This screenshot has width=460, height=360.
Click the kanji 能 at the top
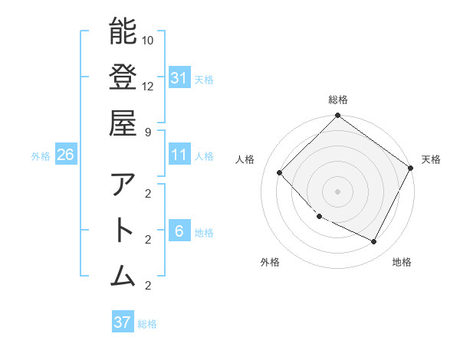click(x=123, y=31)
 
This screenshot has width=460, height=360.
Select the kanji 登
click(x=123, y=77)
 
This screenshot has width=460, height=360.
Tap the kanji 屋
click(x=123, y=123)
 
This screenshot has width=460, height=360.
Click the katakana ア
click(x=123, y=185)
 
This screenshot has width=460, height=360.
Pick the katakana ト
click(x=123, y=231)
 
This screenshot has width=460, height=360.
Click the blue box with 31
click(x=179, y=77)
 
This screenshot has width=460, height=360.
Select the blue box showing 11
click(x=179, y=155)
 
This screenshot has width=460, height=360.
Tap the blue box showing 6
click(x=179, y=231)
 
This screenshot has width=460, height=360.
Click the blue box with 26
click(x=65, y=155)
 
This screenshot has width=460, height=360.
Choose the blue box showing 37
click(x=123, y=322)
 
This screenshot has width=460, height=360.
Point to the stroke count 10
click(x=148, y=39)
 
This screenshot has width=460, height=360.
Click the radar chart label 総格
click(x=338, y=100)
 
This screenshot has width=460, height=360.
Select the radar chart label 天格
click(x=432, y=159)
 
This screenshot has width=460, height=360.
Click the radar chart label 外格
click(x=270, y=263)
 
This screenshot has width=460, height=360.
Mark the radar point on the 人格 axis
click(x=280, y=172)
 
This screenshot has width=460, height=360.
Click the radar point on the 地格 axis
click(x=374, y=242)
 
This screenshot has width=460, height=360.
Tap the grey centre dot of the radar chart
click(x=338, y=191)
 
